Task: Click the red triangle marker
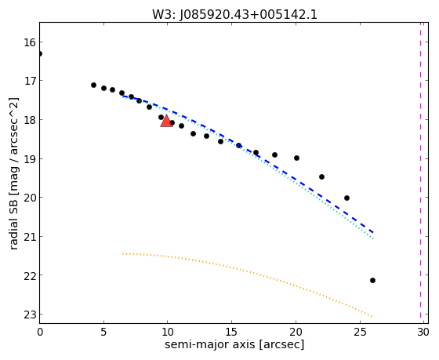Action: pos(166,121)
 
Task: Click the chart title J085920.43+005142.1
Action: pos(249,15)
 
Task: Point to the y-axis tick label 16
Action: pos(29,42)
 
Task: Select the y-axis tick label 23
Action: pos(29,315)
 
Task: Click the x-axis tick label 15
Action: pos(231,333)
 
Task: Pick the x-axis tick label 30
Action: pos(423,333)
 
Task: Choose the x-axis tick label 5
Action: pos(103,333)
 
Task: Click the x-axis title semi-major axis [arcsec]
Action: pos(234,344)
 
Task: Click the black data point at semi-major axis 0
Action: pos(40,54)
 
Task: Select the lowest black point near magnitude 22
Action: pos(372,281)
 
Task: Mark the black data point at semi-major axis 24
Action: pos(346,198)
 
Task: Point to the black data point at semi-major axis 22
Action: pos(321,176)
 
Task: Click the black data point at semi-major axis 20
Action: pos(297,158)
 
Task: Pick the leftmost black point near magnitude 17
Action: pos(94,85)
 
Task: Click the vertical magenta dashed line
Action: pos(420,170)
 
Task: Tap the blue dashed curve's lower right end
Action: pos(373,232)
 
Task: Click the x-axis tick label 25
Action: pos(360,333)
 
